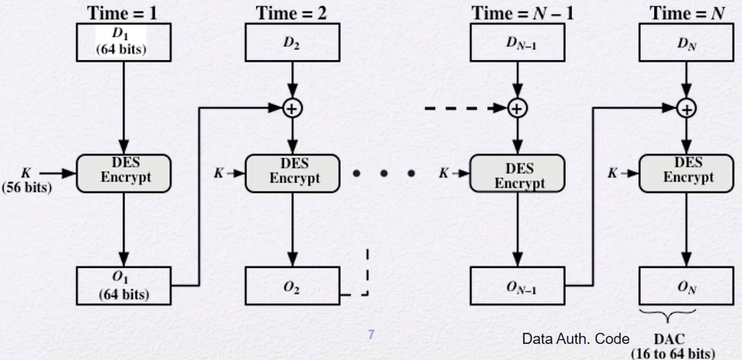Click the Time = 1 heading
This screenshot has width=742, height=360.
[x=122, y=13]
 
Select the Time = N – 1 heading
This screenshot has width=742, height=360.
[x=522, y=13]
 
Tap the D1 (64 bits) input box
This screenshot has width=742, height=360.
[x=124, y=42]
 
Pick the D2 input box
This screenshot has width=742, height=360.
[x=293, y=42]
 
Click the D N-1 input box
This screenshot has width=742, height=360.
[x=518, y=42]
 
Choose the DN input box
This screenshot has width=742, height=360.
[x=686, y=42]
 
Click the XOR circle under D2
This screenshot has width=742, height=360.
[x=293, y=108]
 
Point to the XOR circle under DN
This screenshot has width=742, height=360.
[x=686, y=108]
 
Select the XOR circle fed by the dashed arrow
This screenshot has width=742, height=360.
[x=518, y=108]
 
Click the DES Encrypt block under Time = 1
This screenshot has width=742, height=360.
[x=124, y=173]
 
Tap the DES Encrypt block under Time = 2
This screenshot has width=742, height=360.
[x=293, y=173]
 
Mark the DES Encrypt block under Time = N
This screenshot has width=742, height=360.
[x=686, y=173]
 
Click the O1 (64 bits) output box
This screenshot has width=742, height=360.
[x=124, y=285]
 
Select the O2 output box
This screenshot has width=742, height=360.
[x=293, y=285]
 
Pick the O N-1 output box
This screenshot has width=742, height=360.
[x=518, y=285]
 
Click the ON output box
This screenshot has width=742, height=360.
[x=686, y=285]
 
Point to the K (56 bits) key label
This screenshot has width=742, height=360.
[x=27, y=180]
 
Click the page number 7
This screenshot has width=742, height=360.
[x=371, y=334]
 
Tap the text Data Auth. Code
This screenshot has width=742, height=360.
[x=576, y=339]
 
